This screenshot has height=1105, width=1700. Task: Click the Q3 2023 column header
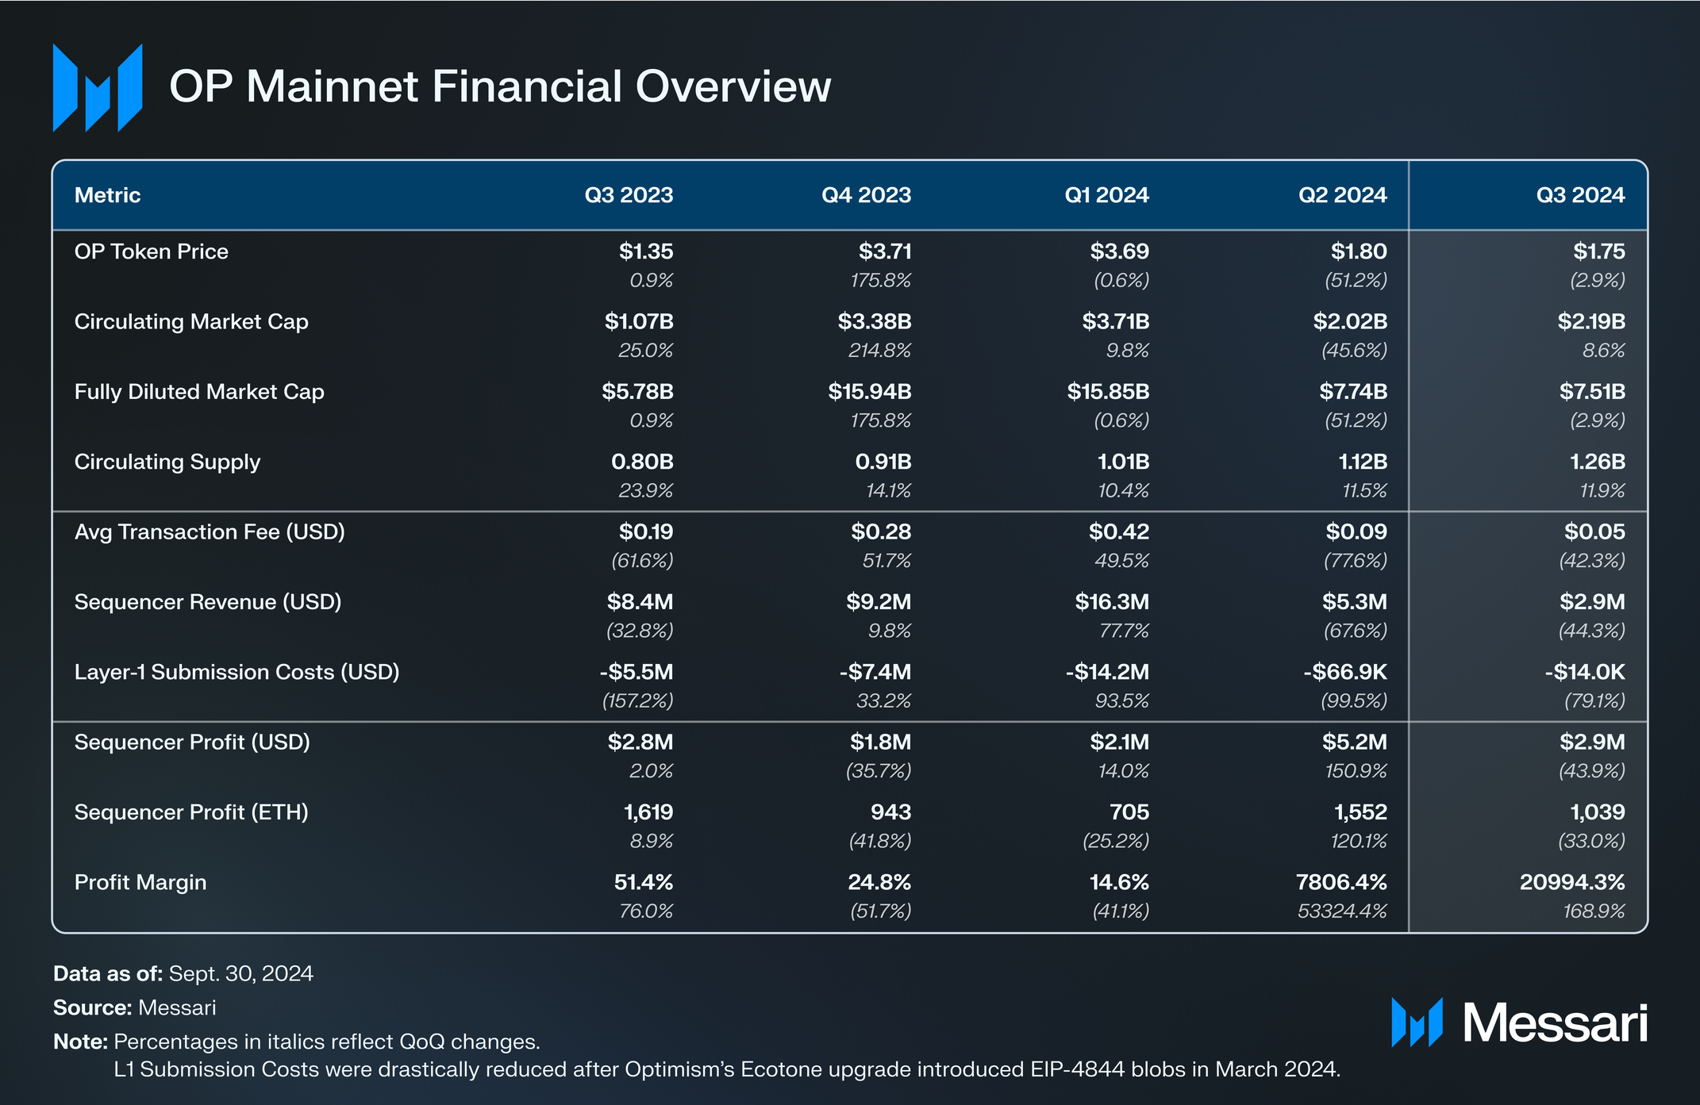point(629,195)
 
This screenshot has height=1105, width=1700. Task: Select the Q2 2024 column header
point(1342,195)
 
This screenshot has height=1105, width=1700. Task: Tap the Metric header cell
point(107,195)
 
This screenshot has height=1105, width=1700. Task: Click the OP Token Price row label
point(151,251)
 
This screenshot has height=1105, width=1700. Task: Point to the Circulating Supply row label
point(167,462)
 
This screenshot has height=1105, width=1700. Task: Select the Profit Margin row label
point(140,882)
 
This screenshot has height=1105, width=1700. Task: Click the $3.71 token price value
point(884,251)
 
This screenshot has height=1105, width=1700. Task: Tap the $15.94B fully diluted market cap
point(869,392)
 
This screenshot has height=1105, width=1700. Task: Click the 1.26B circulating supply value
point(1597,462)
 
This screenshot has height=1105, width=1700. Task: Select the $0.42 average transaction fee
point(1118,531)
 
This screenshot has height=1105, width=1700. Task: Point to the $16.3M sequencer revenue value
point(1111,602)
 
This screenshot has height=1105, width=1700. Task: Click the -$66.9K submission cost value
point(1344,672)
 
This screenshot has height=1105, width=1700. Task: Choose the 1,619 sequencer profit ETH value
point(648,812)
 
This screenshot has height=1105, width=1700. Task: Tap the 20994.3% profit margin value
point(1571,882)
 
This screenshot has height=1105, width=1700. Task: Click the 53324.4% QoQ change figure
point(1341,911)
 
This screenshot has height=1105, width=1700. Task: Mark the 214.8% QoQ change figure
point(879,351)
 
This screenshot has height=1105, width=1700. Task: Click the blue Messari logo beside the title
point(98,87)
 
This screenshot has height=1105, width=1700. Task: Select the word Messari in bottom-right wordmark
point(1555,1023)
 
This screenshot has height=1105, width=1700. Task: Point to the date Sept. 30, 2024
point(240,973)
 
